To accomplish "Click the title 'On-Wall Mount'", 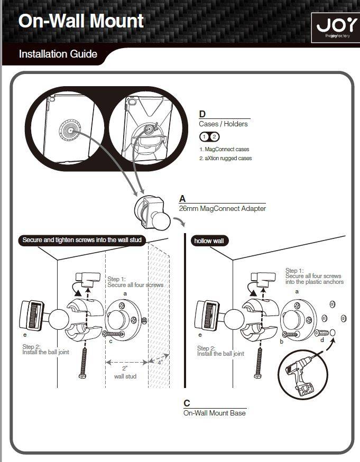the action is [x=81, y=21].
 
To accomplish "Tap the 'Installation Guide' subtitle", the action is [x=58, y=54].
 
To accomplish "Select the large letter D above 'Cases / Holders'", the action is [x=202, y=114].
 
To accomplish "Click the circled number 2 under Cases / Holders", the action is [x=215, y=137].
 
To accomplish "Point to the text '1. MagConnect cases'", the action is [x=224, y=150].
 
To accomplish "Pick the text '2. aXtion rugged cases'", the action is [x=226, y=158].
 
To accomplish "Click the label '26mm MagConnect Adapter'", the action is [x=223, y=209].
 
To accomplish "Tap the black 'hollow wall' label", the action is [x=209, y=241].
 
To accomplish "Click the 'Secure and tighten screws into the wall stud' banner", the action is [x=82, y=240].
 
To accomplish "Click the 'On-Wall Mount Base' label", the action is [x=215, y=413].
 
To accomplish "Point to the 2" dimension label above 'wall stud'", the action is [x=125, y=368].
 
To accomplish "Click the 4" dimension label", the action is [x=160, y=363].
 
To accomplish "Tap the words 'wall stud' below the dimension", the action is [x=125, y=376].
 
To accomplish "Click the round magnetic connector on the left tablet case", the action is [x=70, y=130].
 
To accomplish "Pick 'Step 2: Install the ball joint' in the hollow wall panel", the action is [x=220, y=351].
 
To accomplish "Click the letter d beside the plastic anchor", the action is [x=322, y=340].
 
